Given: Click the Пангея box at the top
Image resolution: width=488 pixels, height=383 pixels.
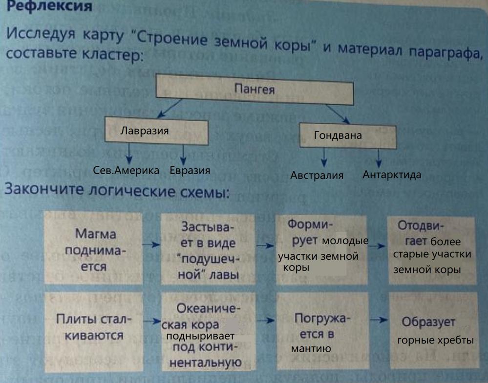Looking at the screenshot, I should [x=255, y=90].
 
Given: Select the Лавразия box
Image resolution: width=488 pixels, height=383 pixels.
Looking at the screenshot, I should [x=156, y=131].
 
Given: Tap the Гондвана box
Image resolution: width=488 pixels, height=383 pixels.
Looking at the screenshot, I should [x=347, y=135].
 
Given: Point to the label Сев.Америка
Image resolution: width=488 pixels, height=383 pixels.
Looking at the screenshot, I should [x=126, y=171].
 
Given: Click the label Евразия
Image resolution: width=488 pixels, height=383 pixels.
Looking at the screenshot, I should [x=190, y=171].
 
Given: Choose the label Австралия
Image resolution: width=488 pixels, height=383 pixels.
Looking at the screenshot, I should [x=317, y=176].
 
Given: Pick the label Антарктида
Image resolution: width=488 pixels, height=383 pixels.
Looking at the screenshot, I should [x=392, y=175].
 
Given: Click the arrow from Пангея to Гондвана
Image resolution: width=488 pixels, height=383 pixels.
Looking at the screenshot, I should [x=337, y=113].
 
